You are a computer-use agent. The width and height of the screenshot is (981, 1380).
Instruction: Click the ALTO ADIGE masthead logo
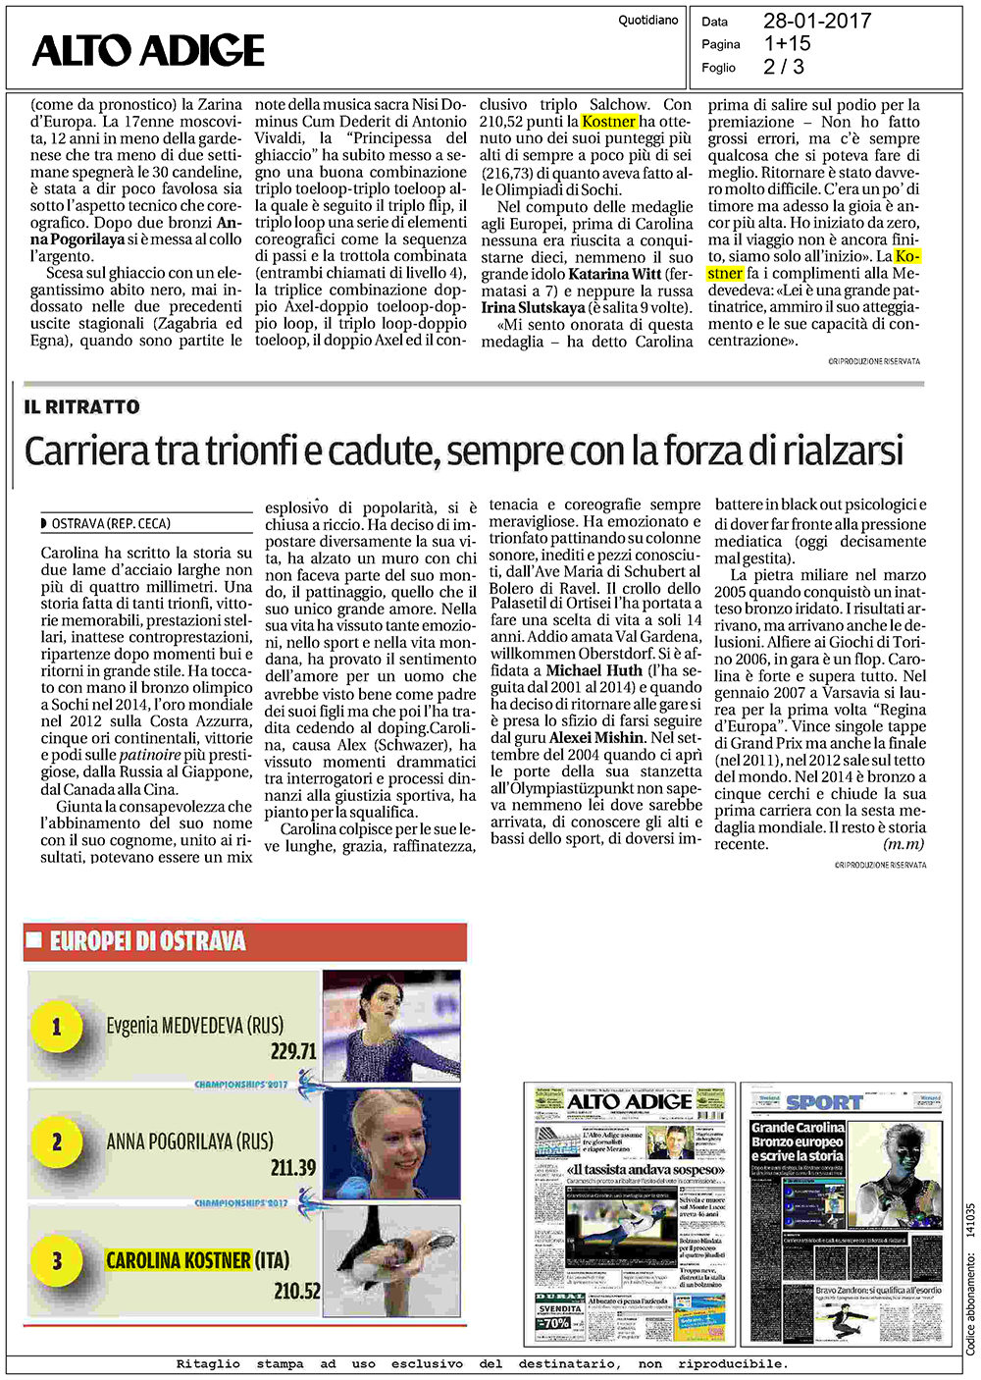[148, 51]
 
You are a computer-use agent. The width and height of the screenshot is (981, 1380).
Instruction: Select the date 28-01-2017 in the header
[816, 21]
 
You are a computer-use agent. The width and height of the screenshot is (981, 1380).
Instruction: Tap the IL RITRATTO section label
[82, 406]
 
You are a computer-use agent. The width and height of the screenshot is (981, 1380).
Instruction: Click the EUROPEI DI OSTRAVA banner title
[147, 941]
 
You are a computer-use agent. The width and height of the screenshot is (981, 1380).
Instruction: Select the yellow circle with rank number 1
[56, 1027]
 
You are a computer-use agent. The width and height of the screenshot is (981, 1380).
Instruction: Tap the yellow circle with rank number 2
[56, 1141]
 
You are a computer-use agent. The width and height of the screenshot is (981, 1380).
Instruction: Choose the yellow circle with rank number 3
[56, 1260]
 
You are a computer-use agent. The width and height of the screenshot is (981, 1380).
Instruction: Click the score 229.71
[293, 1051]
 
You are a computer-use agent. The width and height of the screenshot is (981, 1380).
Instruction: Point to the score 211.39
[293, 1168]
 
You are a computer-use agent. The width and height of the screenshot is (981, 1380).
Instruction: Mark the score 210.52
[296, 1291]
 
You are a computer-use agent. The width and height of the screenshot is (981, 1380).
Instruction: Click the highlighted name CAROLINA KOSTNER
[179, 1260]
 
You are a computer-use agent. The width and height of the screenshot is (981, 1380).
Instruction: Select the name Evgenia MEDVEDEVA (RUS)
[194, 1026]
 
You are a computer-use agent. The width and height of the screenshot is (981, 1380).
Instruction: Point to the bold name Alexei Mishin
[597, 737]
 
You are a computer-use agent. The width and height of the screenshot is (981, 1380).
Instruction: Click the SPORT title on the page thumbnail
[824, 1102]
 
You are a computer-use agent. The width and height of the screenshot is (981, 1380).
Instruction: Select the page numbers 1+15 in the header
[787, 43]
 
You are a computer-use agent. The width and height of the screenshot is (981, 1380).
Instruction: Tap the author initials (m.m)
[904, 844]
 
